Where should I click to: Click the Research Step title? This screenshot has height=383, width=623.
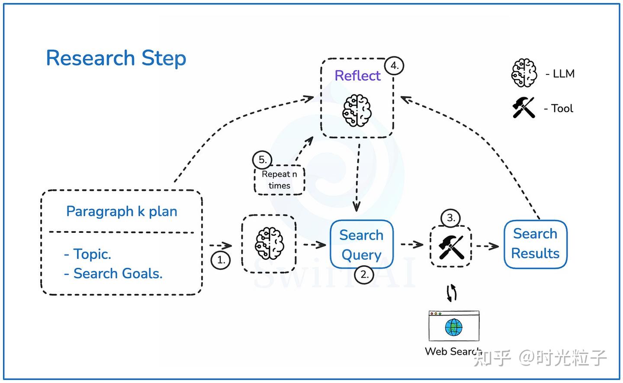116,58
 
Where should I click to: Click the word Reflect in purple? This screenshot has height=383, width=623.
357,76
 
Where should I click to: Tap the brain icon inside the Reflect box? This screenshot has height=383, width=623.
357,111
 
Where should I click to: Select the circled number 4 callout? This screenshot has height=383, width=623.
394,66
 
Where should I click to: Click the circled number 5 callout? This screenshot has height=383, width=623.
262,160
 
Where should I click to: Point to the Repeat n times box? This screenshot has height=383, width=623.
279,180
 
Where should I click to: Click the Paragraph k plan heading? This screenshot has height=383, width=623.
122,211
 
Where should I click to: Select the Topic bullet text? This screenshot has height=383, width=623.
92,254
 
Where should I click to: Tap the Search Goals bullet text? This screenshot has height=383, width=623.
118,274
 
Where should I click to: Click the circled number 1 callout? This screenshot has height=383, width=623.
221,260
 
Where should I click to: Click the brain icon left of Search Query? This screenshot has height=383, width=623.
269,244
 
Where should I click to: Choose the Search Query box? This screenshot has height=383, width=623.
361,245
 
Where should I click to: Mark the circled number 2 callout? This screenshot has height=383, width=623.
364,274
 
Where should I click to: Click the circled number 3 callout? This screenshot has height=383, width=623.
451,218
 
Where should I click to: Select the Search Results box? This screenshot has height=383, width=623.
535,244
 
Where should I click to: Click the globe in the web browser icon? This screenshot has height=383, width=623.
453,328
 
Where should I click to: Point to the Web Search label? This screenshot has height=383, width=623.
452,351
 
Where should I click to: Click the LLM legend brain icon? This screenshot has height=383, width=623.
524,73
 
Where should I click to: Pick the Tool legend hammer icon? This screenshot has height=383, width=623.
523,107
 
